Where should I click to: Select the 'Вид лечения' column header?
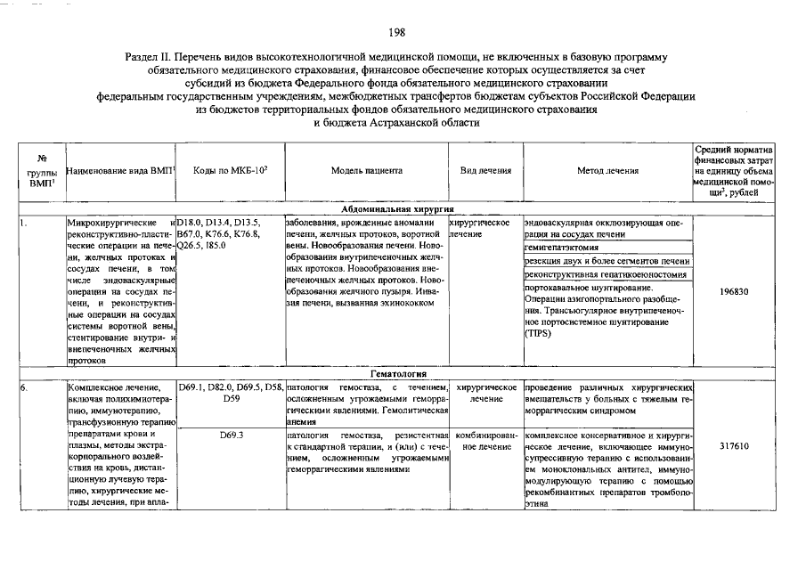pyautogui.click(x=485, y=170)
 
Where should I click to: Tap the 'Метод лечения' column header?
pyautogui.click(x=607, y=170)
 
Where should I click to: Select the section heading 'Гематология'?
pyautogui.click(x=397, y=374)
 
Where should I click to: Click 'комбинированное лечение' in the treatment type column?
pyautogui.click(x=485, y=440)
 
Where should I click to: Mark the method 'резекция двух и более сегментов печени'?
pyautogui.click(x=607, y=261)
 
